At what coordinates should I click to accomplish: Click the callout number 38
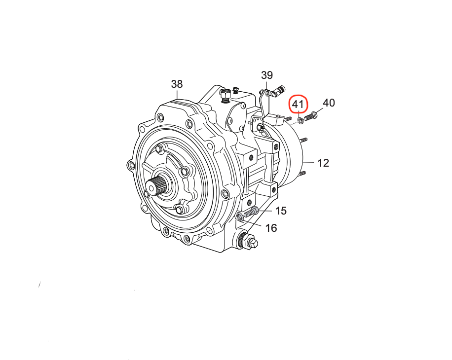coord(177,84)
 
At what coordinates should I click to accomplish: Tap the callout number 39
coord(266,75)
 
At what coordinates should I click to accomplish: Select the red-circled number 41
coord(299,104)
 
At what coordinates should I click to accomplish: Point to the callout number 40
coord(329,103)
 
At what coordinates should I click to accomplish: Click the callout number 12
coord(323,163)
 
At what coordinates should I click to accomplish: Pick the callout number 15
coord(281,211)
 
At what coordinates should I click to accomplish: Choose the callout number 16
coord(271,228)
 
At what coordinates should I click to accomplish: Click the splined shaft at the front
coord(155,186)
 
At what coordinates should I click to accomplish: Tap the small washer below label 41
coord(300,120)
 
